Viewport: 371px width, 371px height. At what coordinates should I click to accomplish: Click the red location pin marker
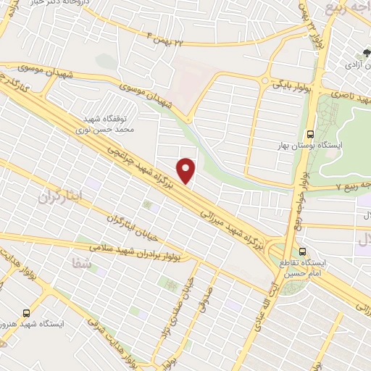point(186,171)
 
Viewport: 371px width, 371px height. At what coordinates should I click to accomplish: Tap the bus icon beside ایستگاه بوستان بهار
point(311,134)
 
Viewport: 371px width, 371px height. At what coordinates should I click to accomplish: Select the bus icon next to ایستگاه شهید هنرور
point(27,313)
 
